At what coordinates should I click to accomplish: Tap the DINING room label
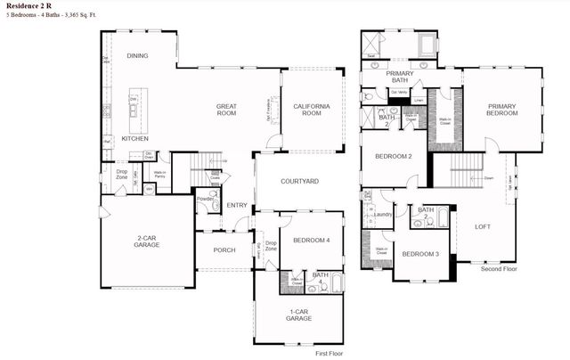137,56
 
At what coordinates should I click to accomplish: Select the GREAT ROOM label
226,110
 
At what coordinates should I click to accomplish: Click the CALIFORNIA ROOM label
312,110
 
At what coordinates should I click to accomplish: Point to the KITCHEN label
134,139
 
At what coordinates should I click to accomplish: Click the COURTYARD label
300,181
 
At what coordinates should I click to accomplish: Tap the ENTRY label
237,206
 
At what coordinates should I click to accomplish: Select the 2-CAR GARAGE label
148,241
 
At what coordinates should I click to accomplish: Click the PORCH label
224,250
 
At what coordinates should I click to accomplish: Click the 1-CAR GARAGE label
298,315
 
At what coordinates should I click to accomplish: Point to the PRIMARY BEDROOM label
501,110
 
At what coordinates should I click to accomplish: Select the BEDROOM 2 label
393,156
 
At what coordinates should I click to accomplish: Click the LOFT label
482,226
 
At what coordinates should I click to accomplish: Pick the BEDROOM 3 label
419,254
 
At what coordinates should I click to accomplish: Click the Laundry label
383,214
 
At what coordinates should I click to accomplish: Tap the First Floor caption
330,354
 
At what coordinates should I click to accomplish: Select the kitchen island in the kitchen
134,103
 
